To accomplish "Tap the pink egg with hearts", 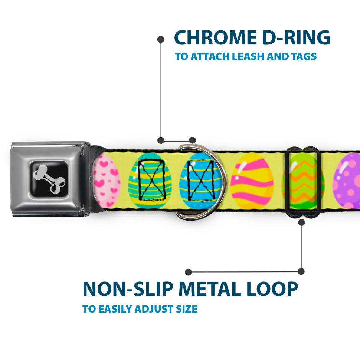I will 107,181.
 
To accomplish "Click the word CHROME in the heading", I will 213,37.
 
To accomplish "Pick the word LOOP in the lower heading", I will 275,289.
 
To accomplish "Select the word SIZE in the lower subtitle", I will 186,309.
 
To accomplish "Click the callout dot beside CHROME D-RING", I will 161,39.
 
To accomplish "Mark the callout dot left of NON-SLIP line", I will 189,272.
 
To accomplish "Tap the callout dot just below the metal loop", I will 301,222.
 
